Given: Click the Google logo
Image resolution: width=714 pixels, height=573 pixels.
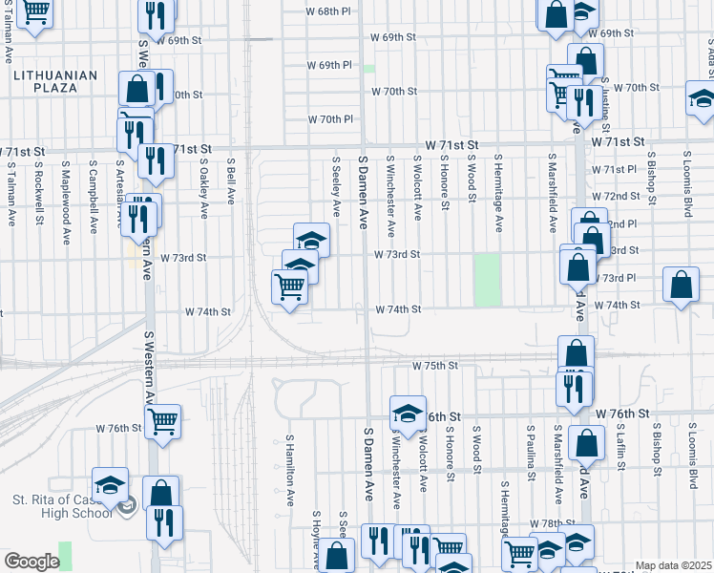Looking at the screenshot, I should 31,562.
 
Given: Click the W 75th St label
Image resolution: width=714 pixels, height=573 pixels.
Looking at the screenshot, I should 435,366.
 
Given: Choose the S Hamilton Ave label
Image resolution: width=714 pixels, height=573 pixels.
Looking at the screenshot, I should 290,470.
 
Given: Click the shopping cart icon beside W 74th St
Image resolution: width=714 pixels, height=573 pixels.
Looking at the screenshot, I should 289,286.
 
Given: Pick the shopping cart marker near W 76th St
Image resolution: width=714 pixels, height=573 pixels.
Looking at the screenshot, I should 163,420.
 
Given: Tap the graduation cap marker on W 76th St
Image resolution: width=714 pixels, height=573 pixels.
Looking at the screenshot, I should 408,414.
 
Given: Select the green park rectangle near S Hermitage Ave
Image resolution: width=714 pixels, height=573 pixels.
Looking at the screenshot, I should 488,279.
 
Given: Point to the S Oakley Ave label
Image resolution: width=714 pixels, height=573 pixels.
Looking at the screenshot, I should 203,187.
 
